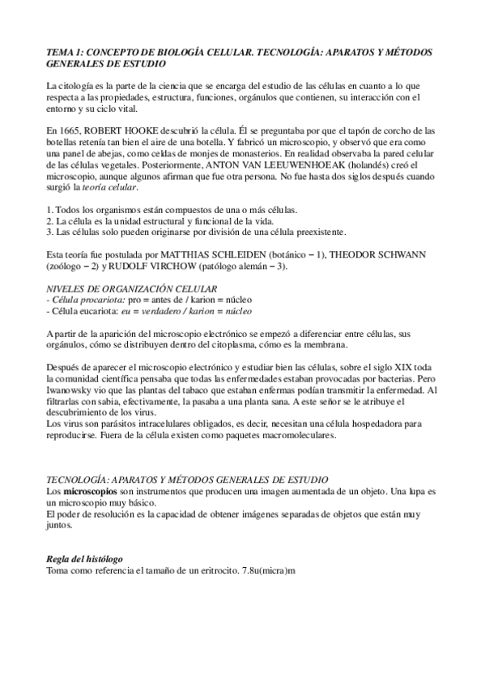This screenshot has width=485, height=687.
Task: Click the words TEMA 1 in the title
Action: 63,52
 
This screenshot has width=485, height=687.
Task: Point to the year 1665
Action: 70,130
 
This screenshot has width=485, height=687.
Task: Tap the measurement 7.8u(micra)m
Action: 269,572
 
